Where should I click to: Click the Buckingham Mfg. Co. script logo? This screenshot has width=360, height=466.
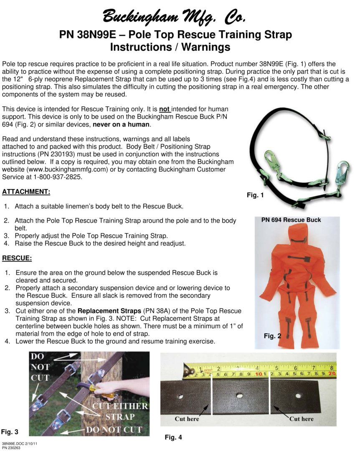coord(175,17)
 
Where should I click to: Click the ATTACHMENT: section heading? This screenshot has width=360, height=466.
coord(26,192)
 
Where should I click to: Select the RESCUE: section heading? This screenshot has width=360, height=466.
coord(17,258)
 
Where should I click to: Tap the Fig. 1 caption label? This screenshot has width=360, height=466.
coord(255,195)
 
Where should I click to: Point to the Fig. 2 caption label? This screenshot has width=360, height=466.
coord(272,336)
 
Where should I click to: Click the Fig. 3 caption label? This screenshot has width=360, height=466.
coord(9,431)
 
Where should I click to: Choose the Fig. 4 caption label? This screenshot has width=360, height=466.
coord(173,437)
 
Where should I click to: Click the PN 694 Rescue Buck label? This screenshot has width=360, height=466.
coord(291,220)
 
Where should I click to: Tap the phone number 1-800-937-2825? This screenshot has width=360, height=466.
coord(55,177)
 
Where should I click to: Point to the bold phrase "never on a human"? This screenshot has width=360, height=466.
coord(121,124)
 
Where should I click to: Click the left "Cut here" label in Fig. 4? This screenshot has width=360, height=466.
coord(187,419)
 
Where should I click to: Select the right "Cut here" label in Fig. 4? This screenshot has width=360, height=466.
coord(301,419)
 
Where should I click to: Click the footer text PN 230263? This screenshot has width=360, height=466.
coord(11,448)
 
